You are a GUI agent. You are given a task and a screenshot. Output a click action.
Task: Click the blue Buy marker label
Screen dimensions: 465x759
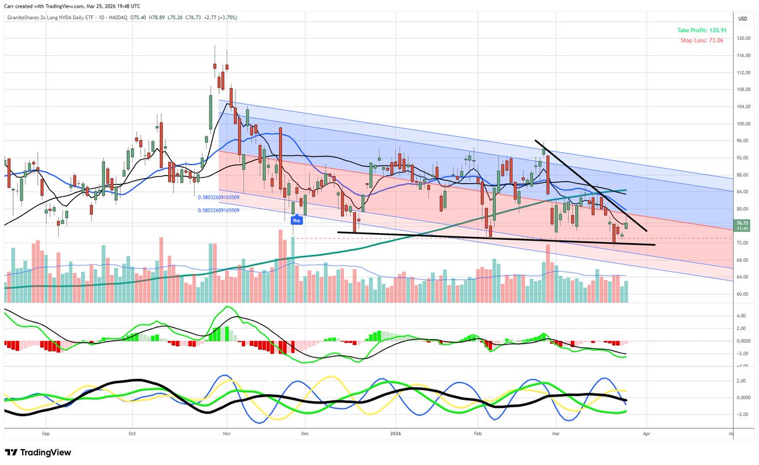tap(295, 220)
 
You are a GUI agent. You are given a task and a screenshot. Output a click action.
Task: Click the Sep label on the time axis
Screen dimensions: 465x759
tap(45, 435)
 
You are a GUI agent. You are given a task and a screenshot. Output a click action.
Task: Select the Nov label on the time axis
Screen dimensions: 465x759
tap(226, 435)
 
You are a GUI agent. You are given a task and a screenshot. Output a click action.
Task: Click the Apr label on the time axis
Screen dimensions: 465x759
tap(646, 435)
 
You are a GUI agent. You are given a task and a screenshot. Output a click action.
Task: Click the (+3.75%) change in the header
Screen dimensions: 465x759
tap(226, 18)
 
